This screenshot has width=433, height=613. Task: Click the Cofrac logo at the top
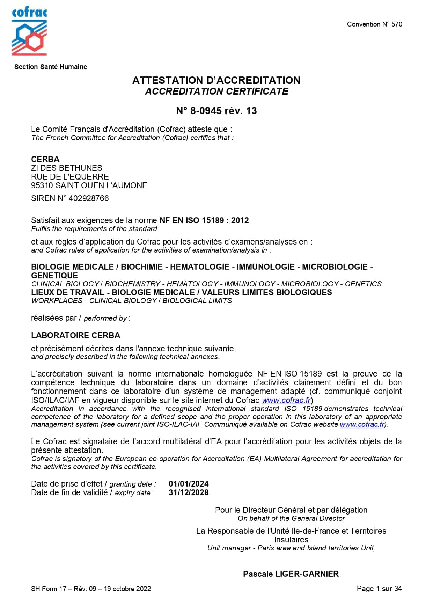29,32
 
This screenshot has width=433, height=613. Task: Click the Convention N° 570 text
374,24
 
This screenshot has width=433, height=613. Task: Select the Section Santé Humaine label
51,67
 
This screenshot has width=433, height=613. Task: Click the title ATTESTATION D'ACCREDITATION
216,80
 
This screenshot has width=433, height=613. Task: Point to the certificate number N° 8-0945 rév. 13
216,111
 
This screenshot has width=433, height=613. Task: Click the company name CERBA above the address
45,159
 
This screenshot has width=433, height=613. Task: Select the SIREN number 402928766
89,198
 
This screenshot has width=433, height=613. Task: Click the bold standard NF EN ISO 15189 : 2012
204,220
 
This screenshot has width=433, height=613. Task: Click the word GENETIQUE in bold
54,276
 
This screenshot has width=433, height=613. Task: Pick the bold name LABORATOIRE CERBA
75,335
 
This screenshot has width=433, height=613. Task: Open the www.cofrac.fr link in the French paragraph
286,400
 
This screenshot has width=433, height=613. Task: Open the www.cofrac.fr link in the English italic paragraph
362,424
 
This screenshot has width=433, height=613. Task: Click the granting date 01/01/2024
189,484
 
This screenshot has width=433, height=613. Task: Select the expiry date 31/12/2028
189,492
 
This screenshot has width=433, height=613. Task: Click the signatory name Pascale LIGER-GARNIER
291,574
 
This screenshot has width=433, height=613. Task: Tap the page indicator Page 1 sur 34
379,589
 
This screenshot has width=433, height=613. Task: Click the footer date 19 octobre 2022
127,589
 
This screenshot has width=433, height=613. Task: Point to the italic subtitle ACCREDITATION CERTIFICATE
216,92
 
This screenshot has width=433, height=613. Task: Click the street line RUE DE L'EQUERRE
70,177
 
